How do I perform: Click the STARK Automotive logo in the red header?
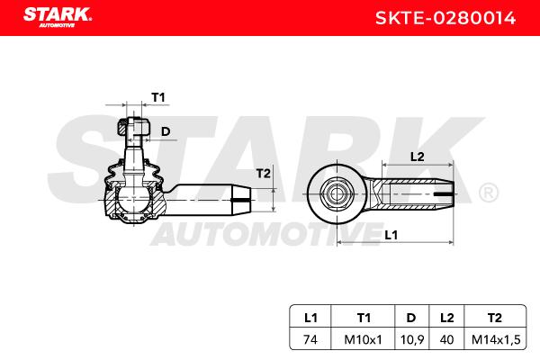[x=58, y=18]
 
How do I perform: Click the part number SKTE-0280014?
[x=445, y=18]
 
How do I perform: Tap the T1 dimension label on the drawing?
[x=158, y=97]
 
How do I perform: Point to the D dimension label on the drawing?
[x=166, y=131]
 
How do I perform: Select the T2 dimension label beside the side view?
[x=264, y=174]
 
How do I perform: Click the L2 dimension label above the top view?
[x=417, y=157]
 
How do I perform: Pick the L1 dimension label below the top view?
[x=391, y=235]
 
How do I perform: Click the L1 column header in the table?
[x=310, y=318]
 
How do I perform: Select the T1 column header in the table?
[x=364, y=318]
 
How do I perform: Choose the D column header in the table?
[x=411, y=318]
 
